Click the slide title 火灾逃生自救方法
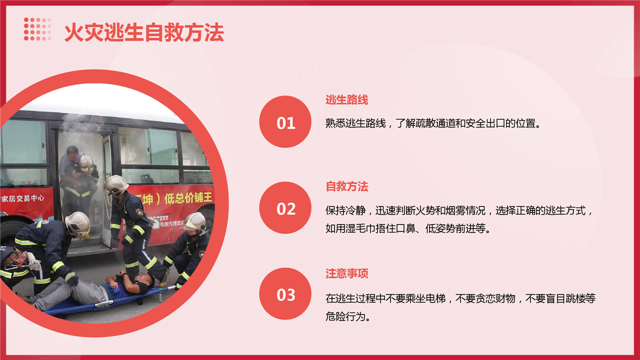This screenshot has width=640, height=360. pos(144,32)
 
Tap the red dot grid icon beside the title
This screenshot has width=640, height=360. pos(37,29)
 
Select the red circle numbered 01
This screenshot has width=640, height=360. pos(285,121)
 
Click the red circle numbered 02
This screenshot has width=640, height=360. pos(285,207)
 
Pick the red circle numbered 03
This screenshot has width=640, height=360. pos(285,293)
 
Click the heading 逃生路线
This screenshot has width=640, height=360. pos(347,100)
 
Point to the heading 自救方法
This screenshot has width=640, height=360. pos(347,186)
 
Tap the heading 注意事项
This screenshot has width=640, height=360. pos(347,273)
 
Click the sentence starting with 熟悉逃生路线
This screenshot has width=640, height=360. pos(433,123)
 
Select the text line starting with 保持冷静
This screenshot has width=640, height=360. pos(460,210)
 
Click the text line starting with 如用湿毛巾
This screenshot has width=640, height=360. pos(408,228)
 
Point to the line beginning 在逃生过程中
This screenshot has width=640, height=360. pos(460,298)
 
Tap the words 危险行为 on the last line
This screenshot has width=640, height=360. pos(345,316)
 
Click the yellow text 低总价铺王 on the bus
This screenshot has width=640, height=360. pos(188,198)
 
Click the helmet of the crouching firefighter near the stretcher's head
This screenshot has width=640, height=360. pos(195,222)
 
